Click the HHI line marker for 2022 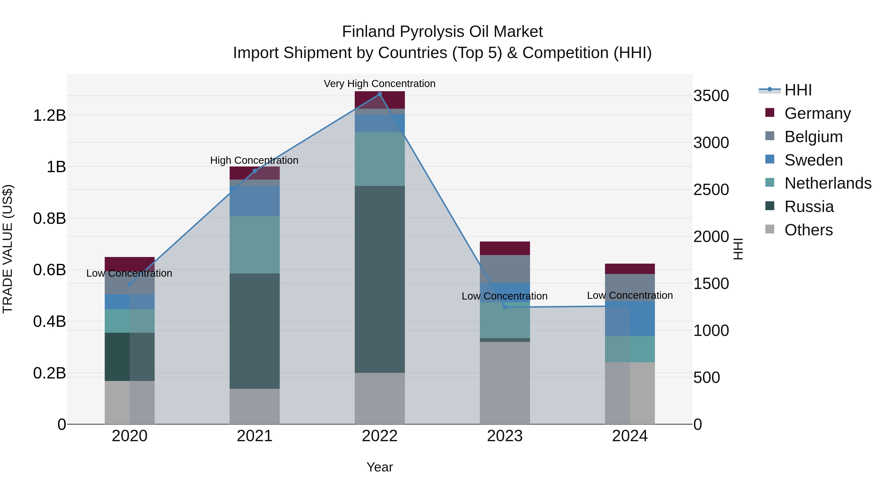(x=380, y=94)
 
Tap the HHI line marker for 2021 (x=255, y=171)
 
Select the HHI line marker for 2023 (x=505, y=307)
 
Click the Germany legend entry (x=817, y=113)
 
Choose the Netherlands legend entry (x=828, y=183)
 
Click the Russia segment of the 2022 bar (x=380, y=279)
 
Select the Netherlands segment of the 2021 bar (x=255, y=245)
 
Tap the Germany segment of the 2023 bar (x=505, y=248)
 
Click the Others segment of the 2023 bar (x=505, y=382)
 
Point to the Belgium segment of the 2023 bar (x=505, y=269)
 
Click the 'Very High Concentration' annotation (x=380, y=84)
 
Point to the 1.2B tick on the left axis (x=49, y=116)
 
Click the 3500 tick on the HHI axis (x=711, y=96)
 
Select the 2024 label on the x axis (x=630, y=436)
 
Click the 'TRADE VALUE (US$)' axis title (x=8, y=249)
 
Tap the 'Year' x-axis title (x=380, y=467)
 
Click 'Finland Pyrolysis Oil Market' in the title (x=442, y=32)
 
